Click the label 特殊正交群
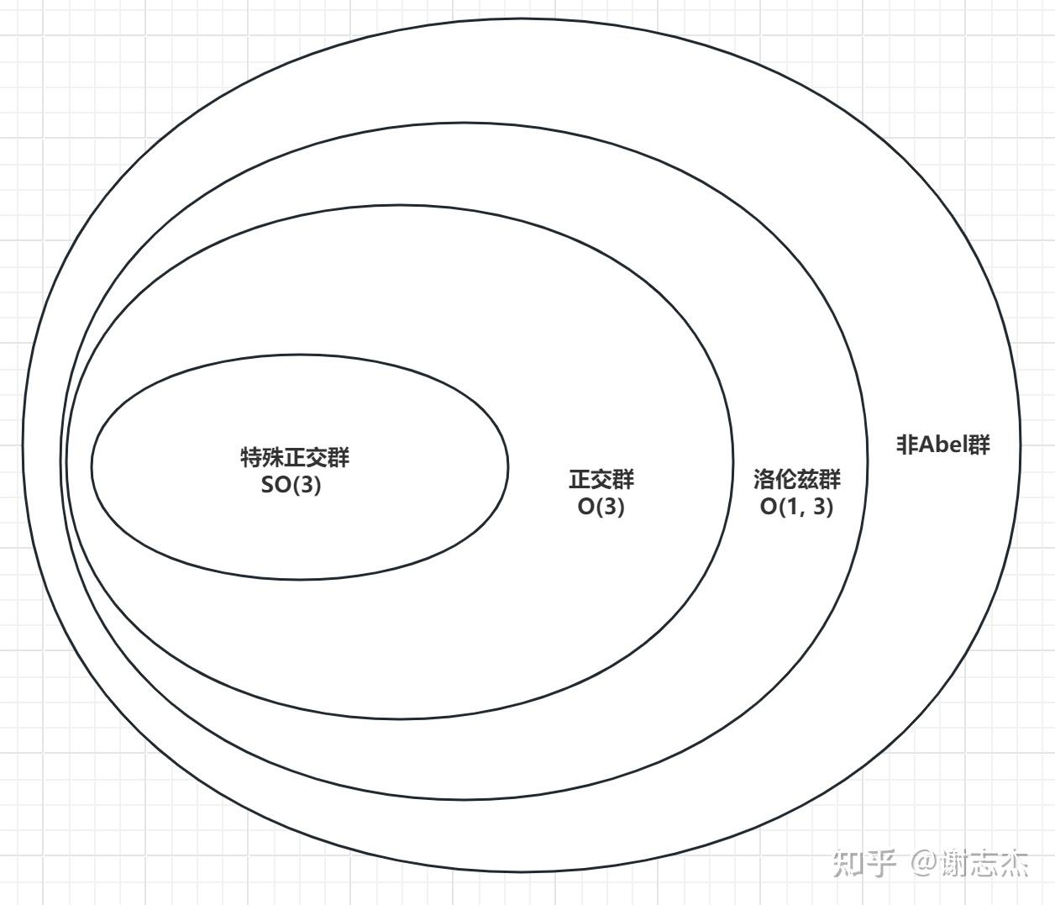point(295,458)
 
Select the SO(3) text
point(291,486)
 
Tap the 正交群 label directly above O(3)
point(601,480)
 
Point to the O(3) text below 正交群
point(601,507)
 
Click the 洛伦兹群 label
point(797,480)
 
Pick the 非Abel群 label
point(943,444)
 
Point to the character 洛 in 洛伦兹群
point(764,480)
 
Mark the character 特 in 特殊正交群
point(251,458)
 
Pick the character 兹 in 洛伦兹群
point(808,480)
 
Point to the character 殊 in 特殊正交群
point(273,458)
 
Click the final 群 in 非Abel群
point(979,444)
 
